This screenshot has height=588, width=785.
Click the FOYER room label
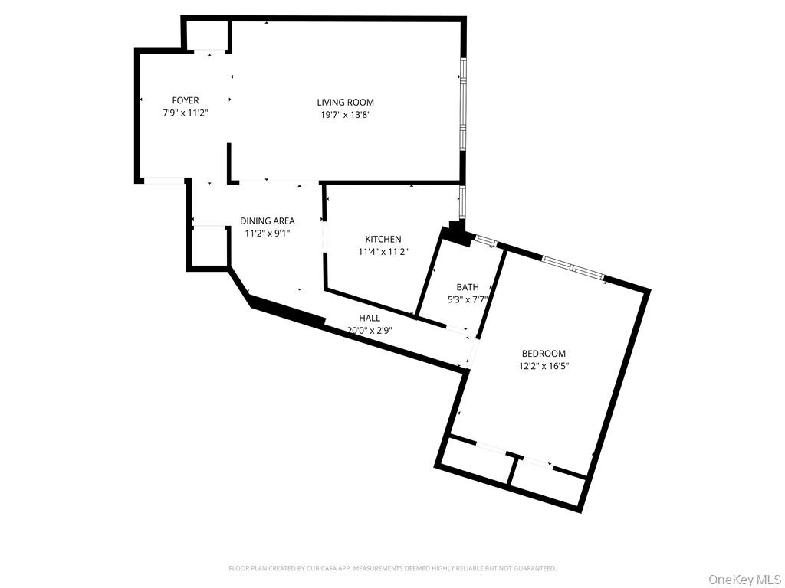(x=186, y=100)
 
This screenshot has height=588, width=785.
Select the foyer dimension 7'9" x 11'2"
(x=186, y=113)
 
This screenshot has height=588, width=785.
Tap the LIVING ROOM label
(x=345, y=103)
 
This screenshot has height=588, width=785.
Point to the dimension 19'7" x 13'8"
(x=345, y=114)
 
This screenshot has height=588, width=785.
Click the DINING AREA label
(x=267, y=221)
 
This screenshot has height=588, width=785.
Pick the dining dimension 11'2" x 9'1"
(x=267, y=233)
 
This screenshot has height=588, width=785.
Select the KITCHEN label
(x=383, y=240)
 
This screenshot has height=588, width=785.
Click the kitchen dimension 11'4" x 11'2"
(x=383, y=251)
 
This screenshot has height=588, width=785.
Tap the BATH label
(x=468, y=288)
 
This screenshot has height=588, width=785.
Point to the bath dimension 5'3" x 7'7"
(x=468, y=300)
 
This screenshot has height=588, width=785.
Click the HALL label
(x=370, y=318)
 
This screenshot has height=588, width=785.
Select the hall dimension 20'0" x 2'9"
(x=370, y=331)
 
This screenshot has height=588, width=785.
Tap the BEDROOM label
(x=544, y=354)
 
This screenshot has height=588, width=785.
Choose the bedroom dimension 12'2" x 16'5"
(x=544, y=366)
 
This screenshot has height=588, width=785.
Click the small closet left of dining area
(x=209, y=247)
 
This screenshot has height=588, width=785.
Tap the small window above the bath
(x=484, y=241)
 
